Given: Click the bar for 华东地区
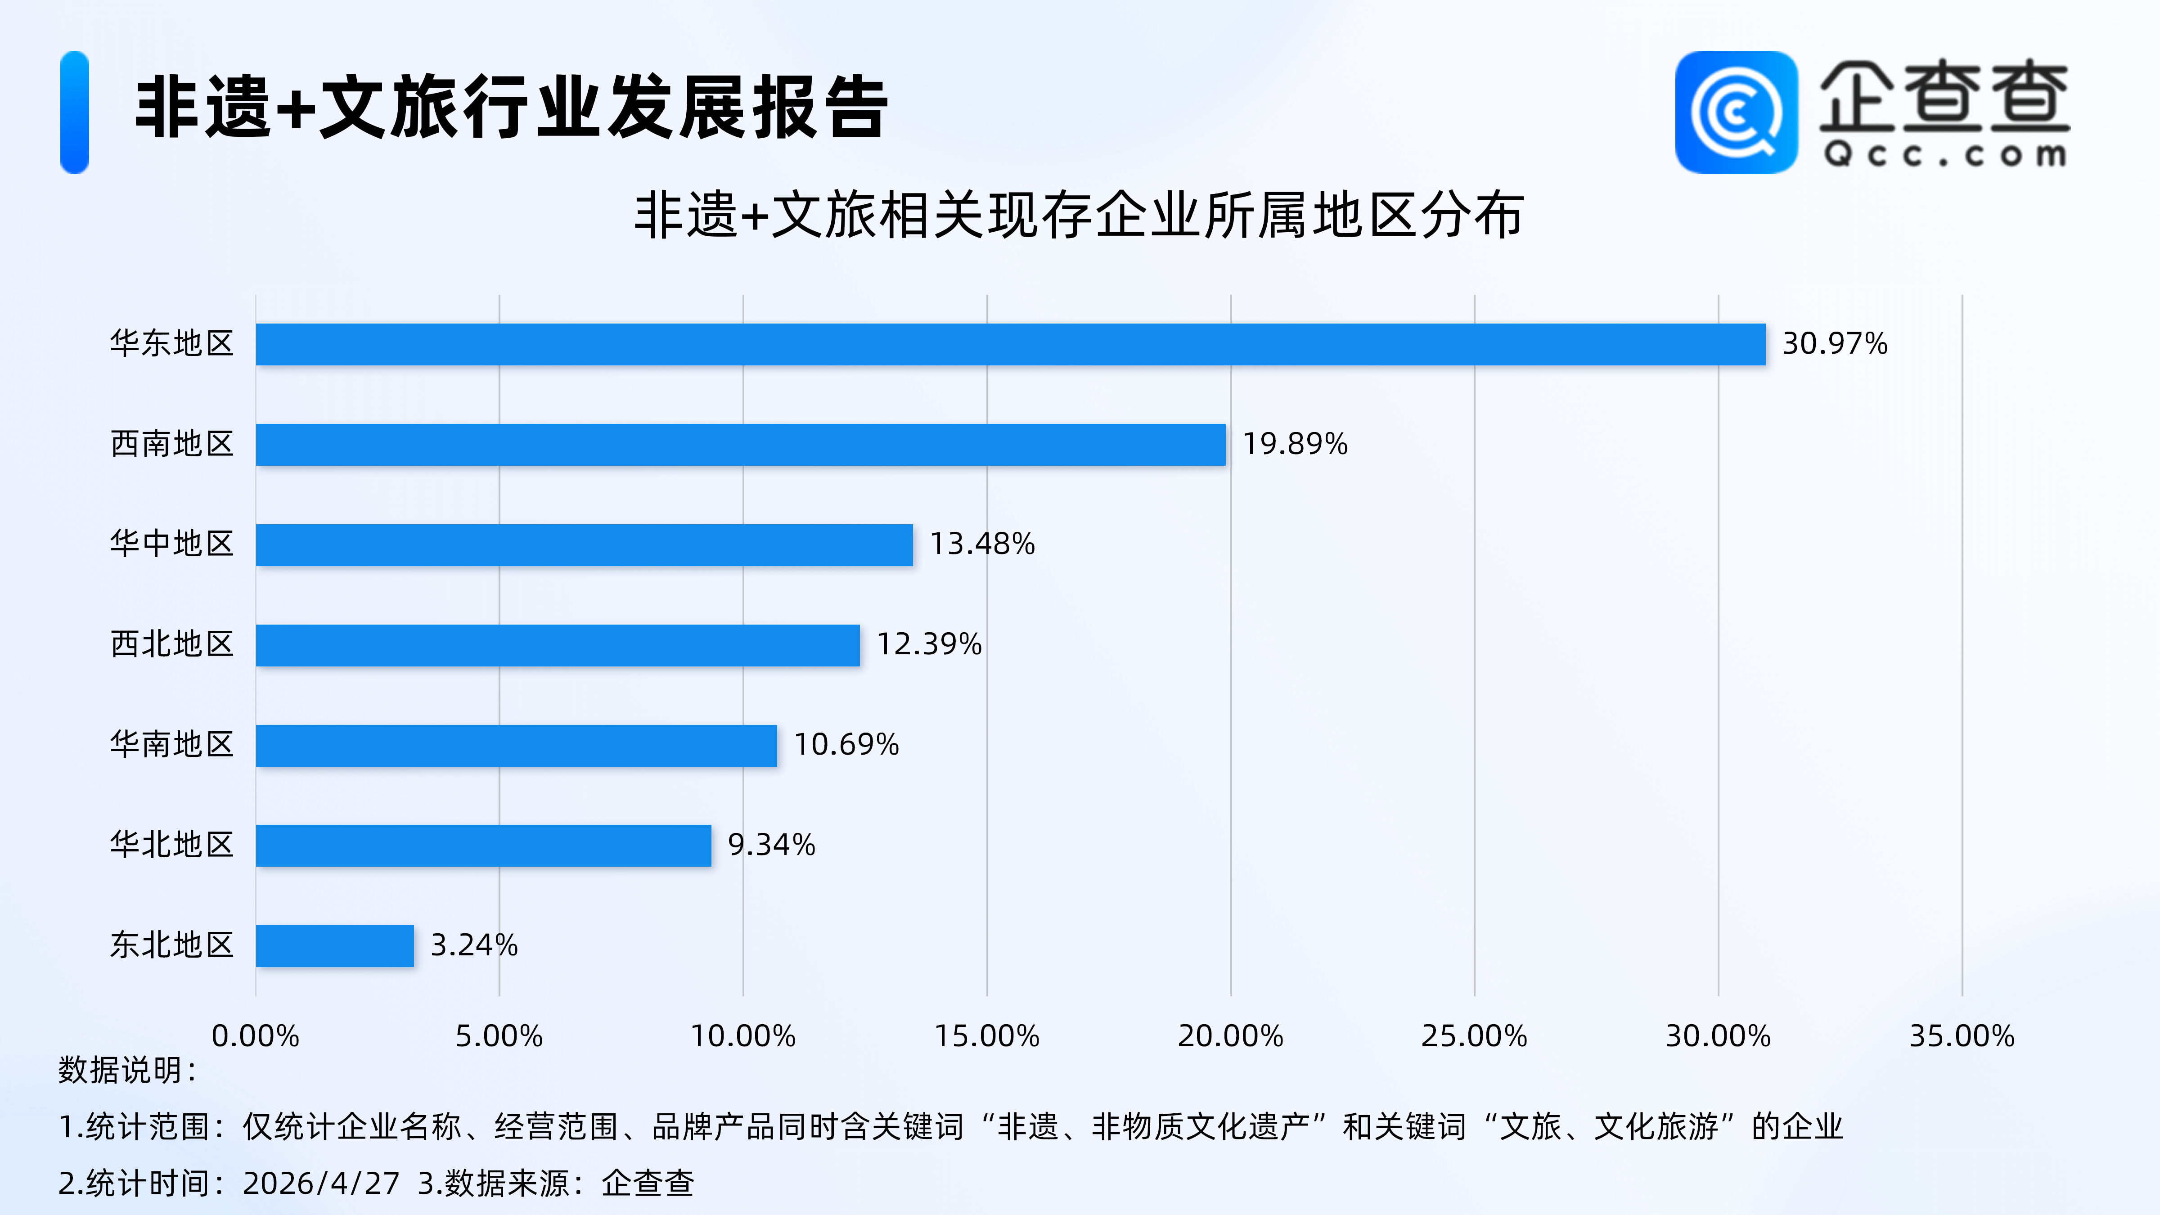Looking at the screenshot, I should (1010, 345).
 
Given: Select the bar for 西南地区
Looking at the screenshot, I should (740, 445).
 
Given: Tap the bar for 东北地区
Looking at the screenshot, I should (334, 946).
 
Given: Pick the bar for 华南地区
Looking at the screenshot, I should (517, 746).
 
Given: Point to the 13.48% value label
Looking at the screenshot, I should (982, 544).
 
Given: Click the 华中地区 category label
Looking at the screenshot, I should (172, 544).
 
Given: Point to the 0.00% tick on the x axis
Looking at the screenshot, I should (255, 1036).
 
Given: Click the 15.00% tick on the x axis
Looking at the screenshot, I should (987, 1036).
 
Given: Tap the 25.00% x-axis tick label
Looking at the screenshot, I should (1474, 1036).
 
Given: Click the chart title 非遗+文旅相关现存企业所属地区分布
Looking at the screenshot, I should (1079, 216).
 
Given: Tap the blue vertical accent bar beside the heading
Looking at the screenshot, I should (75, 112).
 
